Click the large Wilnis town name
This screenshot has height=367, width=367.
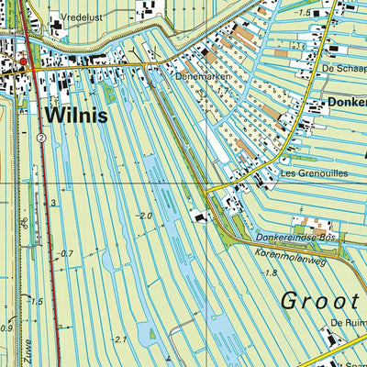point(74,117)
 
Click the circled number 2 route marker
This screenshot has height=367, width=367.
point(42,137)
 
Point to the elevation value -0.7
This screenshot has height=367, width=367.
point(65,253)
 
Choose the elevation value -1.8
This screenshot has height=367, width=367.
point(269,272)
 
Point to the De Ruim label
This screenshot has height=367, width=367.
point(349,323)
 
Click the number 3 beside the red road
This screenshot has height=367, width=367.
point(54,202)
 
